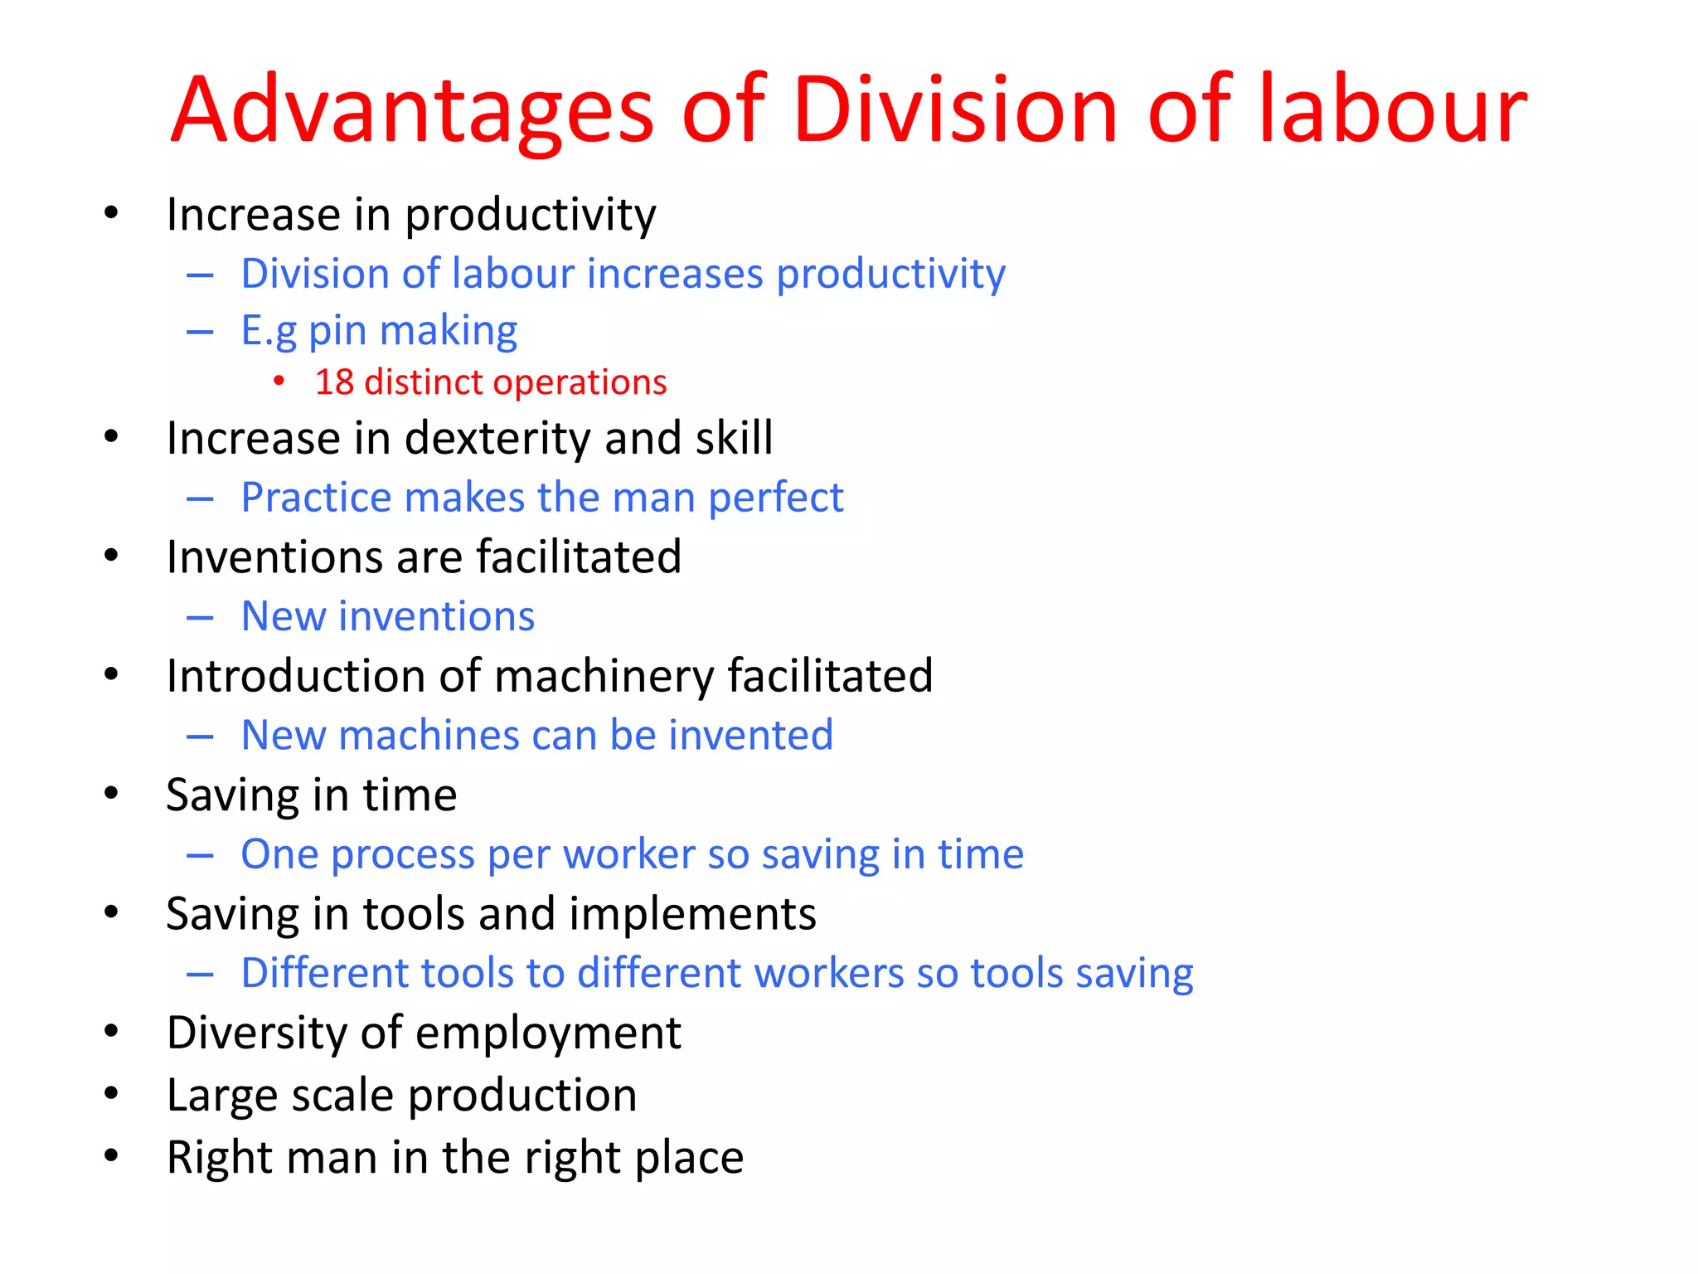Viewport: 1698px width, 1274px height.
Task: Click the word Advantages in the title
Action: (x=412, y=111)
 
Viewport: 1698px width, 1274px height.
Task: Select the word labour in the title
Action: (x=1392, y=111)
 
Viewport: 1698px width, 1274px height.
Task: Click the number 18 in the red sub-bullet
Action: (x=334, y=382)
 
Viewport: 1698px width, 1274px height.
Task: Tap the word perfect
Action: (x=775, y=498)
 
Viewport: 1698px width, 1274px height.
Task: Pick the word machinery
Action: (x=604, y=677)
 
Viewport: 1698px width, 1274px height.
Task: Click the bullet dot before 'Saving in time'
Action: (x=111, y=794)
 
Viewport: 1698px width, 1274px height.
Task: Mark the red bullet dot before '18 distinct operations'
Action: (x=279, y=382)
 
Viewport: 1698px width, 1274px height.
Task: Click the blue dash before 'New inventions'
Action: (x=200, y=618)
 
